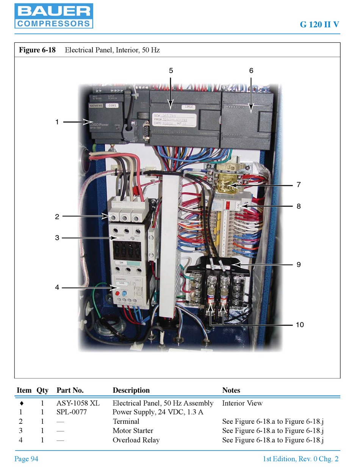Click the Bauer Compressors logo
click(53, 16)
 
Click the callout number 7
click(299, 185)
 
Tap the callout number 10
click(300, 325)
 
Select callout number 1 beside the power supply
click(57, 122)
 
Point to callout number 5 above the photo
click(171, 70)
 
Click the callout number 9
click(299, 264)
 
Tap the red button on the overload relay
click(117, 294)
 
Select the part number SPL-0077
click(72, 412)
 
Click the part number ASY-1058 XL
click(78, 403)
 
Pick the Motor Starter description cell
click(133, 431)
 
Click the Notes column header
click(231, 390)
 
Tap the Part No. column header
click(70, 390)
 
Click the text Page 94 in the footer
click(26, 459)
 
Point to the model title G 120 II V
click(319, 25)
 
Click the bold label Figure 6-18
click(37, 50)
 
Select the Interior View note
click(242, 403)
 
